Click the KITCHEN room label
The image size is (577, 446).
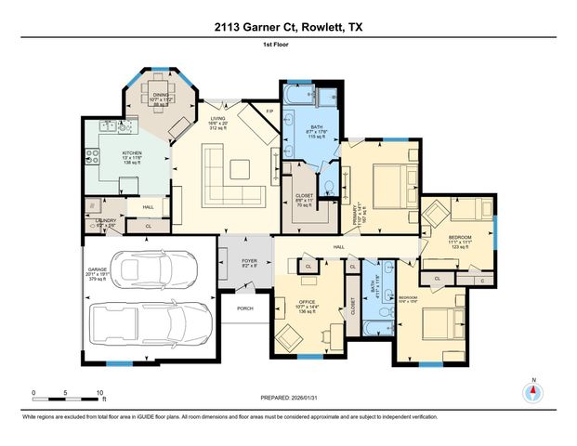point(130,156)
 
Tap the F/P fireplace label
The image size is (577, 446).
point(270,112)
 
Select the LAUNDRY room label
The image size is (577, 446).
point(106,220)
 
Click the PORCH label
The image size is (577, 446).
point(245,308)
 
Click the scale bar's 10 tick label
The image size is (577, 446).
point(100,392)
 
